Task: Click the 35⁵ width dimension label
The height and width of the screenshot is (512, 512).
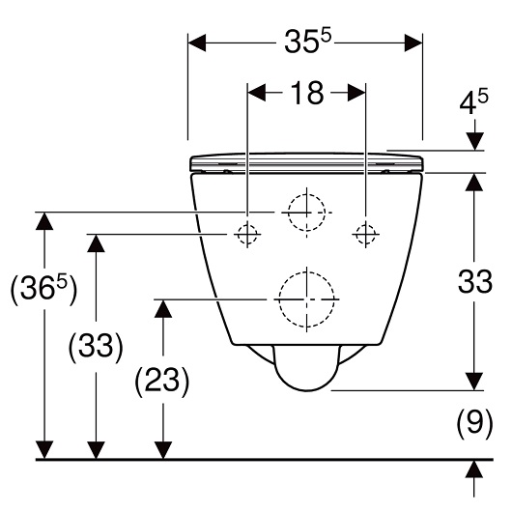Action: pos(307,41)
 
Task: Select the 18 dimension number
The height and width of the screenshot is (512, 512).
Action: pos(307,93)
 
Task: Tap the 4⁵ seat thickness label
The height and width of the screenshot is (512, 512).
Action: pos(473,101)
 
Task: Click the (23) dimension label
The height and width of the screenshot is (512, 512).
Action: pos(162,382)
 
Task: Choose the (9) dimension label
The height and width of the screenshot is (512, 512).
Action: pos(474,423)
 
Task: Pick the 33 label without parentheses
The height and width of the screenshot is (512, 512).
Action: pos(474,281)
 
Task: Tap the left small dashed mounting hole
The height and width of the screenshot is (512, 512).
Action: pos(247,234)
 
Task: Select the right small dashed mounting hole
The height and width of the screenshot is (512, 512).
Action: pos(366,234)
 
